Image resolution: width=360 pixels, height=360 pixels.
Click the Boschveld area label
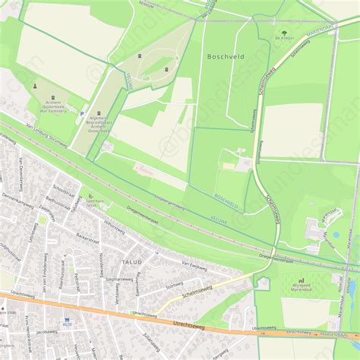click(225, 56)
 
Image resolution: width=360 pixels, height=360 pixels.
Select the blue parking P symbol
click(84, 112)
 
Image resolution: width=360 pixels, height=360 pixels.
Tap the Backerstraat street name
click(90, 237)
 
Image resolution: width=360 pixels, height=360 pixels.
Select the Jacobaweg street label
click(46, 331)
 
